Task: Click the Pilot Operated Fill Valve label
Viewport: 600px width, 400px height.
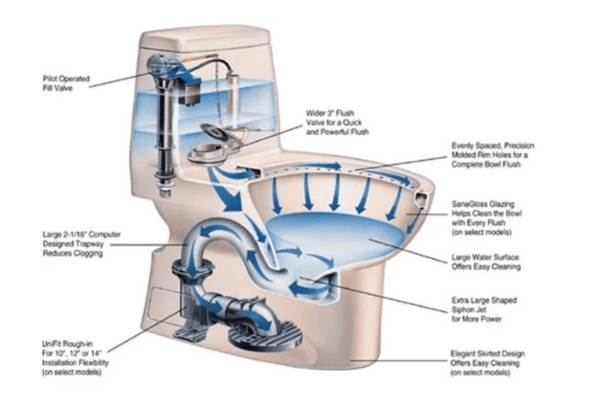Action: [x=66, y=83]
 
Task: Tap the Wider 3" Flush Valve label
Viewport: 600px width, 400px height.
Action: [x=337, y=122]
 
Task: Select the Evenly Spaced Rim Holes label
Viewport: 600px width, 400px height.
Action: [x=493, y=155]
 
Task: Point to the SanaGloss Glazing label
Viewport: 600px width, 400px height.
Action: [x=486, y=218]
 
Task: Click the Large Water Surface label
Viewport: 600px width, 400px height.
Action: [x=486, y=262]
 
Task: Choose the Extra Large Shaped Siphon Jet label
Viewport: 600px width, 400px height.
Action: [x=484, y=310]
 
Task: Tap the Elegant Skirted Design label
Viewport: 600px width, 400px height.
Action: [x=488, y=363]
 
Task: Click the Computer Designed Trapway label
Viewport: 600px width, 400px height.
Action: [x=82, y=244]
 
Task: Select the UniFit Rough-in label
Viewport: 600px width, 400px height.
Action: [x=75, y=358]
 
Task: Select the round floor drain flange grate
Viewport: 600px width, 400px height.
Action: [x=265, y=335]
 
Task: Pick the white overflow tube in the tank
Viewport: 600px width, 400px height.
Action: [x=233, y=101]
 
